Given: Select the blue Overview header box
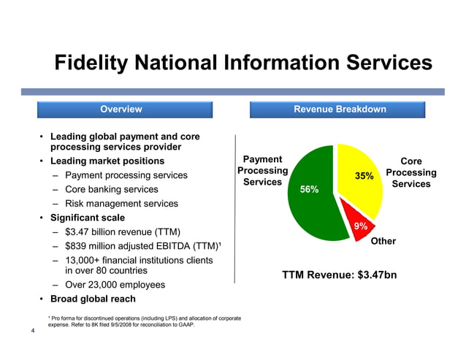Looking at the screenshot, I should [x=121, y=110].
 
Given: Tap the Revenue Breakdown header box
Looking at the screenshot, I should [x=340, y=110].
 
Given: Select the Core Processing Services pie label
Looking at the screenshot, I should [x=411, y=173].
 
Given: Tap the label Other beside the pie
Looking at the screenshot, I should [x=383, y=241].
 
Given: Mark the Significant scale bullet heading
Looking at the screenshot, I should [x=88, y=218].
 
